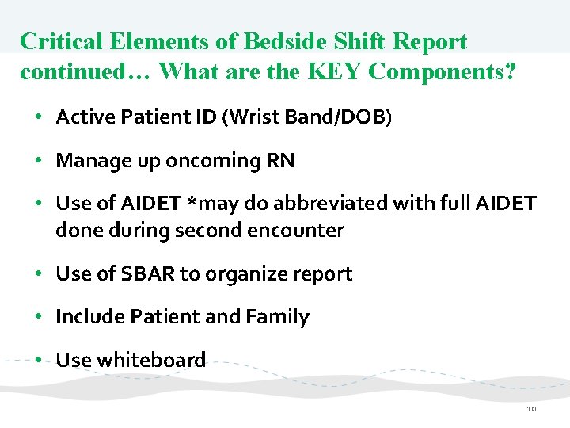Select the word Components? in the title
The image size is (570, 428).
click(443, 72)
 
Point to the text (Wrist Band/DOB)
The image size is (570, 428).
click(307, 118)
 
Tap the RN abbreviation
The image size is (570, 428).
click(282, 161)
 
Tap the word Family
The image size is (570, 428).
click(277, 317)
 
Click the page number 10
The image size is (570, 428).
click(530, 409)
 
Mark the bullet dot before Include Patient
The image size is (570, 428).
click(39, 317)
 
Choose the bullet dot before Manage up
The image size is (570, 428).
click(39, 161)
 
